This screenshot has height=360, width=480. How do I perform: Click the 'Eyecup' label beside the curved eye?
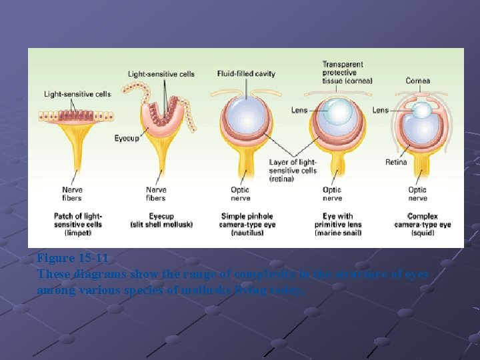click(x=126, y=139)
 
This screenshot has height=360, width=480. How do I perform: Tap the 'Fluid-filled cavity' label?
click(x=246, y=73)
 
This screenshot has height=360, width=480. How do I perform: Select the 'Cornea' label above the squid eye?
click(x=418, y=81)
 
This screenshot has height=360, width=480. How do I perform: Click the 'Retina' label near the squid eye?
click(x=396, y=162)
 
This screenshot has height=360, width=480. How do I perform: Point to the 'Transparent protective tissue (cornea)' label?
click(x=347, y=73)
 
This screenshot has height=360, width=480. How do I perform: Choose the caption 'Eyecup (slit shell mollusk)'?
click(x=161, y=220)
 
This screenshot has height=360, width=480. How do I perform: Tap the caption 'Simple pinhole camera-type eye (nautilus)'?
click(x=247, y=224)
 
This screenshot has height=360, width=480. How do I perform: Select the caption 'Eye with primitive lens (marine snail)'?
click(x=337, y=224)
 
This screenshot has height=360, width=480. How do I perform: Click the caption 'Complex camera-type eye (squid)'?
click(x=423, y=224)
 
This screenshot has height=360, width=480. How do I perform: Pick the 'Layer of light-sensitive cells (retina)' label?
click(x=293, y=170)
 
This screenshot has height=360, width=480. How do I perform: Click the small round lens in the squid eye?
click(x=422, y=110)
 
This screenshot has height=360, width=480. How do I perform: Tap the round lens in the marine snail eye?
click(x=339, y=112)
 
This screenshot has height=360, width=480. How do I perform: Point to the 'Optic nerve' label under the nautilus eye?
click(x=240, y=194)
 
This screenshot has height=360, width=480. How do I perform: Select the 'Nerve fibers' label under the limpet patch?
click(x=71, y=194)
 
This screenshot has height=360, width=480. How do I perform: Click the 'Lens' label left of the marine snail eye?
click(x=299, y=110)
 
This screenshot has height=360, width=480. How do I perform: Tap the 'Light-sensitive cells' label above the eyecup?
click(x=161, y=73)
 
